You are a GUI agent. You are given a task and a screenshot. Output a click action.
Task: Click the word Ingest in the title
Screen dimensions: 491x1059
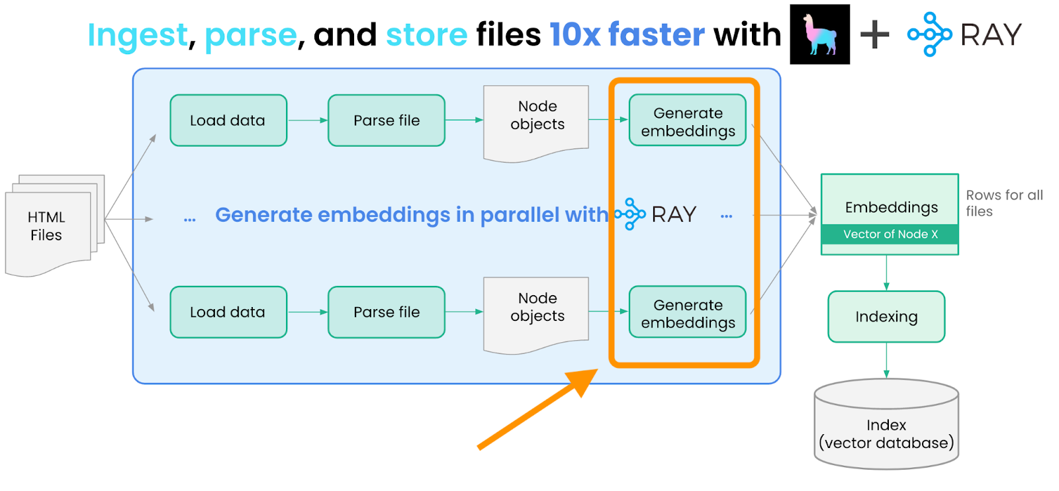(138, 34)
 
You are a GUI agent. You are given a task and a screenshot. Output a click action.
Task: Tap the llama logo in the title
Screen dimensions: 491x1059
(819, 34)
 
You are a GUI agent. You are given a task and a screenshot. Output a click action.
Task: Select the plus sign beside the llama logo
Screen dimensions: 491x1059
(874, 34)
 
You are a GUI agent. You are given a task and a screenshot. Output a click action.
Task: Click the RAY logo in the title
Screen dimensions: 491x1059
(964, 34)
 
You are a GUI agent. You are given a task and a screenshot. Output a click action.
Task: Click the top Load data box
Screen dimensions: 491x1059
(228, 120)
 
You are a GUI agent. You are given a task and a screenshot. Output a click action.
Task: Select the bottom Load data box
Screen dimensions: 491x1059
(228, 312)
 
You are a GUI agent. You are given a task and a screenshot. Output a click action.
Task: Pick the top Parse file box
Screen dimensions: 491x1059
(387, 120)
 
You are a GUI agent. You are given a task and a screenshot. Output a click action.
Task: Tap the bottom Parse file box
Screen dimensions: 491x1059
(387, 312)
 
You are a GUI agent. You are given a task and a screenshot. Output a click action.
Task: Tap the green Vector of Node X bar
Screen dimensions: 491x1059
(890, 234)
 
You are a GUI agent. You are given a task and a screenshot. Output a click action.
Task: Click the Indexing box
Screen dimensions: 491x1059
(886, 317)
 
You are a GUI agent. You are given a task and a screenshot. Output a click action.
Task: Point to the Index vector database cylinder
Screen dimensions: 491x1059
(886, 427)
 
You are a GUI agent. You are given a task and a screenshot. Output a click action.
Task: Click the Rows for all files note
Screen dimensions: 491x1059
(1003, 203)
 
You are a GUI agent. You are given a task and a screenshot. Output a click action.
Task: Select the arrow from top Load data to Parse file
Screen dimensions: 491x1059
(308, 120)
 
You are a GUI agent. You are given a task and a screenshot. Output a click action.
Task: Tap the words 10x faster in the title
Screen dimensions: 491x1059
(627, 34)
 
